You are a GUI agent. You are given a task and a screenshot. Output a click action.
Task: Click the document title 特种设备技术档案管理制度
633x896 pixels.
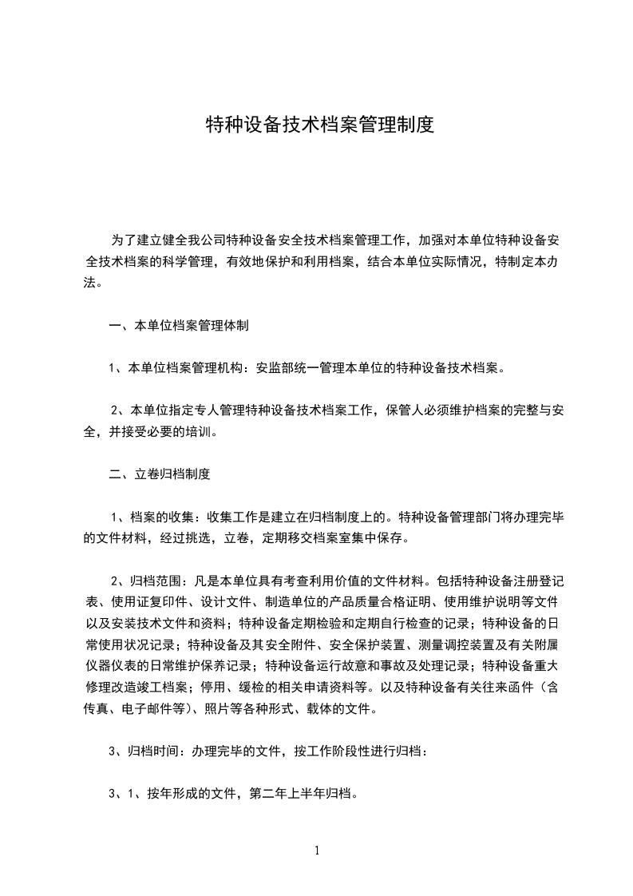pyautogui.click(x=319, y=125)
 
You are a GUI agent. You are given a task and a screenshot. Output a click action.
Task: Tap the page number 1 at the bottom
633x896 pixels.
pyautogui.click(x=317, y=850)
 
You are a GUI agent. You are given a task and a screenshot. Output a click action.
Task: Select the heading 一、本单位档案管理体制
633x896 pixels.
pyautogui.click(x=179, y=326)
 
